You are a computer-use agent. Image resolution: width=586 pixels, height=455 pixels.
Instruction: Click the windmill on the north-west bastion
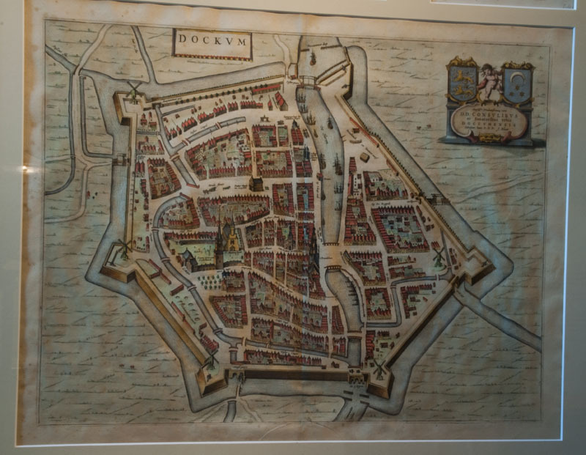tap(133, 89)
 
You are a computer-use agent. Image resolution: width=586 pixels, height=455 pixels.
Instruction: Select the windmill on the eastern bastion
tap(439, 256)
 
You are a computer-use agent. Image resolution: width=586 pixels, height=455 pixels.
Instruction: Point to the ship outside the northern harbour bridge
tap(312, 57)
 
